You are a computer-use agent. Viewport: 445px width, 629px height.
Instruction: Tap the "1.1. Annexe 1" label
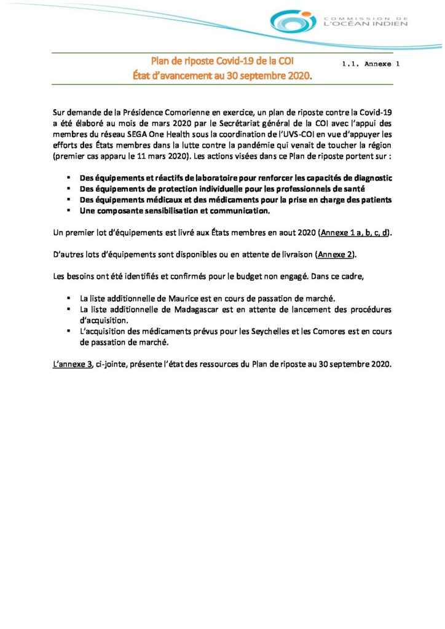click(x=370, y=63)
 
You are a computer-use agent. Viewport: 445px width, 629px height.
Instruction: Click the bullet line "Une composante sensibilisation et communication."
click(x=175, y=211)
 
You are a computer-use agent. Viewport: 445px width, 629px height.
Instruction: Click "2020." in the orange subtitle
click(x=298, y=76)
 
